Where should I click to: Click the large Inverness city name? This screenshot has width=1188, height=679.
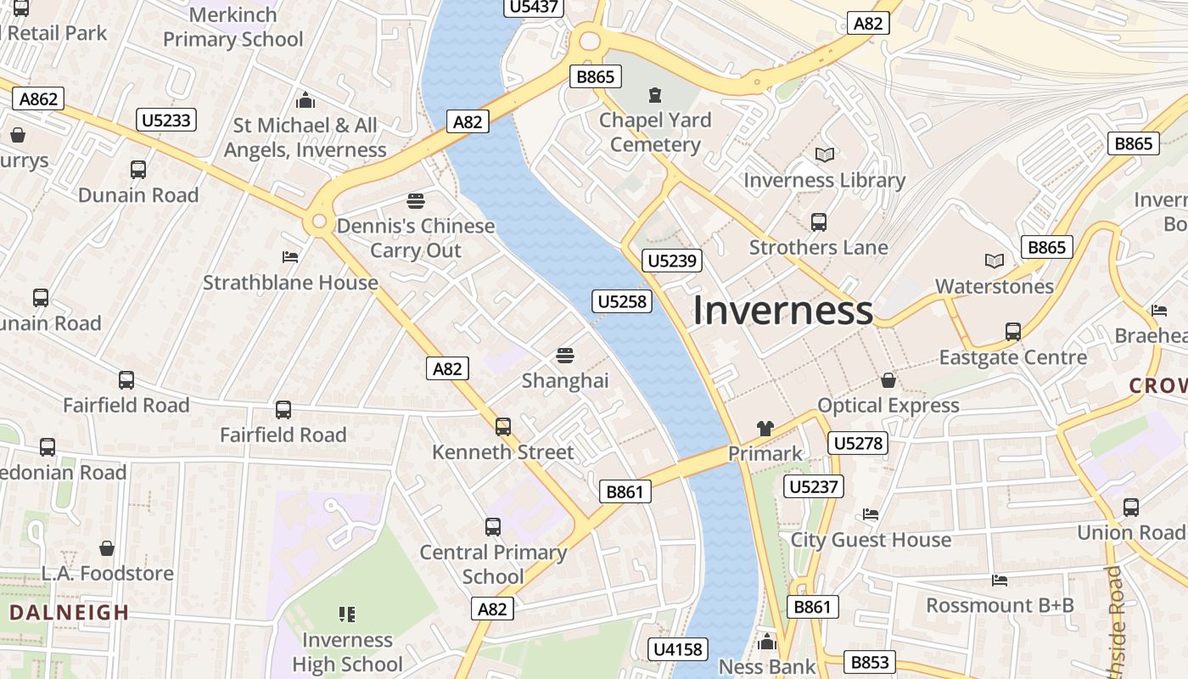tap(782, 311)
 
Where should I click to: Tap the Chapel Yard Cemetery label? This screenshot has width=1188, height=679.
tap(655, 132)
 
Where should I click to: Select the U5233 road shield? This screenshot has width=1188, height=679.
tap(166, 120)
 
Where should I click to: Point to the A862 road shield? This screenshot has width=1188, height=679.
tap(38, 99)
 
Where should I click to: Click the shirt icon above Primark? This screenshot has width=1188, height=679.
tap(765, 429)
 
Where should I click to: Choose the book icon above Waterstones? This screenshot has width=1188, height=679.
tap(994, 261)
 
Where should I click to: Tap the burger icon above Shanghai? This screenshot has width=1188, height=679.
tap(565, 356)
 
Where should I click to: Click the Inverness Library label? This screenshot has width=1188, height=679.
tap(824, 180)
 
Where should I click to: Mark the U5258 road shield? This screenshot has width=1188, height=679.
tap(622, 301)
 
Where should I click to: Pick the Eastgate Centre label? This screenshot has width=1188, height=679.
tap(1012, 357)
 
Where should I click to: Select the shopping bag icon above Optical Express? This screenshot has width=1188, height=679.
tap(888, 380)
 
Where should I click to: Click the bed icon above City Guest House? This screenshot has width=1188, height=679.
tap(871, 514)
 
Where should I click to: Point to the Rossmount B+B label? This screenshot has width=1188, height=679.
tap(1000, 605)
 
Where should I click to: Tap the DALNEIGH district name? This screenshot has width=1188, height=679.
tap(70, 612)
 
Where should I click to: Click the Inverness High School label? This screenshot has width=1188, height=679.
tap(347, 652)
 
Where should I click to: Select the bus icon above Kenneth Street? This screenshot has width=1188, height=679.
tap(503, 426)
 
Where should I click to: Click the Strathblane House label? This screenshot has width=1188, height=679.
tap(290, 283)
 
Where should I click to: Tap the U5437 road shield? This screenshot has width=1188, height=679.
tap(535, 8)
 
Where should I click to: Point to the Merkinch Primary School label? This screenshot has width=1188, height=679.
tap(233, 27)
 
